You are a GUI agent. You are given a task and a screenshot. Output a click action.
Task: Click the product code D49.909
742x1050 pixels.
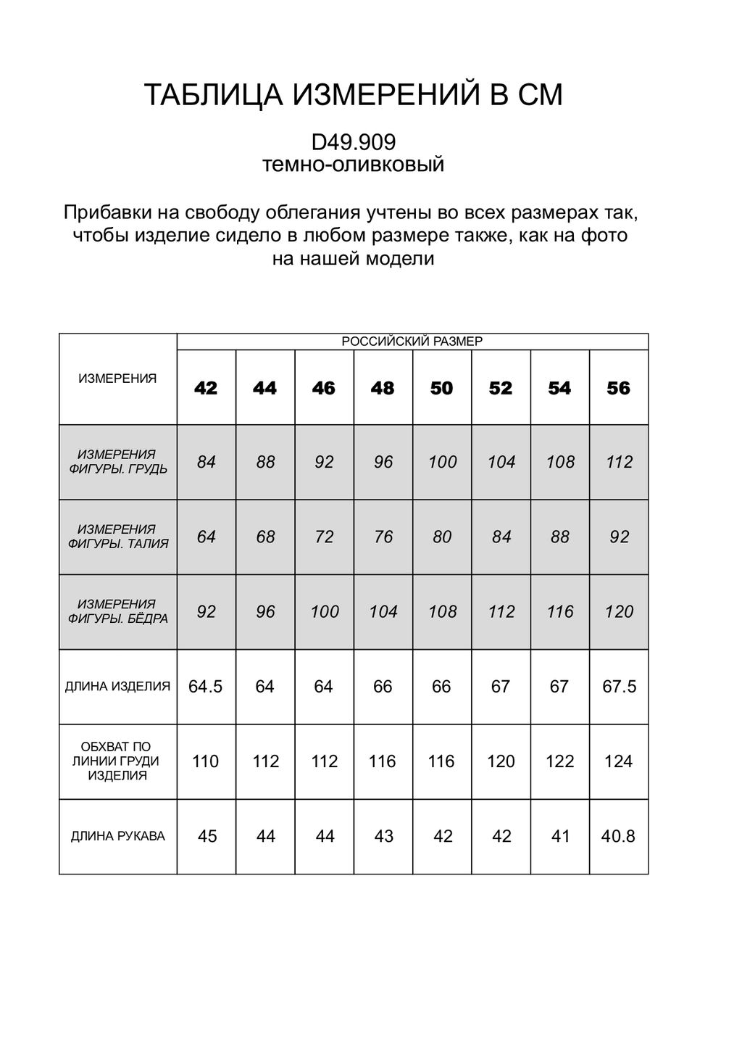(x=353, y=140)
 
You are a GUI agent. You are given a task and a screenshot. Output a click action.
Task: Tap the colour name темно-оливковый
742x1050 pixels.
(x=353, y=165)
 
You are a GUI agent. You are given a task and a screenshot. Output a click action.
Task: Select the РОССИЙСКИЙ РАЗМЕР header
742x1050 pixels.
(x=412, y=342)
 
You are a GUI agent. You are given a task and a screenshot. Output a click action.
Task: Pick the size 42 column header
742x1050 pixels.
(x=206, y=389)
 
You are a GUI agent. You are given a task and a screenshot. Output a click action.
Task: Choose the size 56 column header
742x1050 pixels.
(x=619, y=389)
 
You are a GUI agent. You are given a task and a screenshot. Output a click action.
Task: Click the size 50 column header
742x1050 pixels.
(x=441, y=389)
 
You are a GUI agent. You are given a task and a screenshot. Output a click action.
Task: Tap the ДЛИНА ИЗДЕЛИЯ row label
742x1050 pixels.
(x=117, y=686)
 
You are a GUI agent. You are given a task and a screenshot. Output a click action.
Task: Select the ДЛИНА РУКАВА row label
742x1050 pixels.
(x=117, y=836)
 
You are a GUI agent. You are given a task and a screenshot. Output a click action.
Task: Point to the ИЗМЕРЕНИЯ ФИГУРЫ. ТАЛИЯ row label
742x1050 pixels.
(x=117, y=537)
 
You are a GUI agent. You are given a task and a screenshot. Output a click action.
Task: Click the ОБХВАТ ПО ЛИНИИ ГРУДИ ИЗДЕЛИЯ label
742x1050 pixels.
(x=117, y=761)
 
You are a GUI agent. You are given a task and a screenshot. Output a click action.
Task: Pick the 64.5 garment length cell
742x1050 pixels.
(x=206, y=687)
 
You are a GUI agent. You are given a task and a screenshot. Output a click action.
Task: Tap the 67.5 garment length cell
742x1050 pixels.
(x=619, y=687)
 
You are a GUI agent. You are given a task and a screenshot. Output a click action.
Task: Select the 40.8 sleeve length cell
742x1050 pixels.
(x=618, y=836)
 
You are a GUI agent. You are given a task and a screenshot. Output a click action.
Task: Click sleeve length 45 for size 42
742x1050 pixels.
(x=207, y=836)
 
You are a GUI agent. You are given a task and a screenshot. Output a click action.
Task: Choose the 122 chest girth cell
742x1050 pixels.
(x=559, y=761)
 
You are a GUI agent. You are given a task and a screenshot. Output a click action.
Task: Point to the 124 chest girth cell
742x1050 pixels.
(x=618, y=761)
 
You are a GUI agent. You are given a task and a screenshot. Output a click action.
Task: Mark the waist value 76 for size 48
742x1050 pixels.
(x=383, y=537)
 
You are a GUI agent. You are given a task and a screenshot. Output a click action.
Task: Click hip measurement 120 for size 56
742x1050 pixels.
(x=619, y=611)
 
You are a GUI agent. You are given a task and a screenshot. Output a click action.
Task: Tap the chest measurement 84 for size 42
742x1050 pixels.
(x=207, y=462)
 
